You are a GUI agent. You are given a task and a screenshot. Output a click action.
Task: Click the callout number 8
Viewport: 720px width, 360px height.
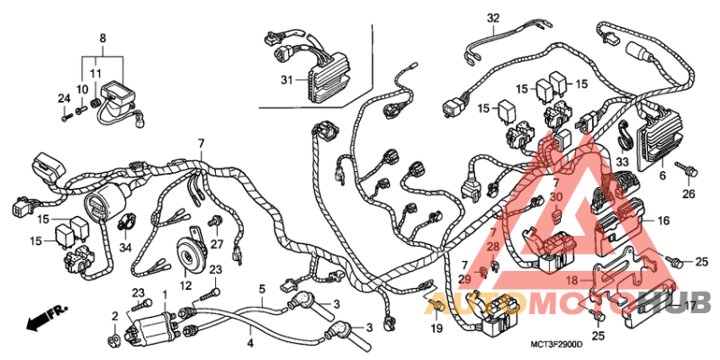tap(102, 38)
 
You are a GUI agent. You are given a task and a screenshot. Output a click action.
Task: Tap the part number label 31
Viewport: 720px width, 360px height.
tap(287, 81)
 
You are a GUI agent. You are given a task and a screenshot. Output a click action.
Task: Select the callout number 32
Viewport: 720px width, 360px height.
tap(492, 18)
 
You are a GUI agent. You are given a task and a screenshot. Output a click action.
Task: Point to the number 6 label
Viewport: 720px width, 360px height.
tap(662, 177)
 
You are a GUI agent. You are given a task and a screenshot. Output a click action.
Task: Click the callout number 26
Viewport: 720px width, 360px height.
tap(688, 193)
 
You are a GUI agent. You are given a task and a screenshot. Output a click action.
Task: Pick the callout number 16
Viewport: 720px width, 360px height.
tap(663, 220)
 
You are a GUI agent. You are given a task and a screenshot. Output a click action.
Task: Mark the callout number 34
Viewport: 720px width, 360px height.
tap(126, 247)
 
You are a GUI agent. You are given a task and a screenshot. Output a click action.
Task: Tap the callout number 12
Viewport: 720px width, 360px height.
tap(185, 285)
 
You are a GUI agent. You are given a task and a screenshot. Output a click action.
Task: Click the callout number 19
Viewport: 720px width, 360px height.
tap(436, 330)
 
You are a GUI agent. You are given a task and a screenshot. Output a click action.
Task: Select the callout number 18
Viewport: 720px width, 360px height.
tap(571, 281)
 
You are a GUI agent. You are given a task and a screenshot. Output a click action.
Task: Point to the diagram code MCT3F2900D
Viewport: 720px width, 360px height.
tap(555, 346)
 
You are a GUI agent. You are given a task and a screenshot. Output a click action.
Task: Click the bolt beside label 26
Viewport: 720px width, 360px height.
tap(688, 168)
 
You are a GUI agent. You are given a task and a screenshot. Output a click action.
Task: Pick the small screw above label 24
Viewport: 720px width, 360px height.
tap(66, 115)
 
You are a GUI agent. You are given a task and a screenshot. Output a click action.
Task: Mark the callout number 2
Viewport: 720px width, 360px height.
tap(115, 315)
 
